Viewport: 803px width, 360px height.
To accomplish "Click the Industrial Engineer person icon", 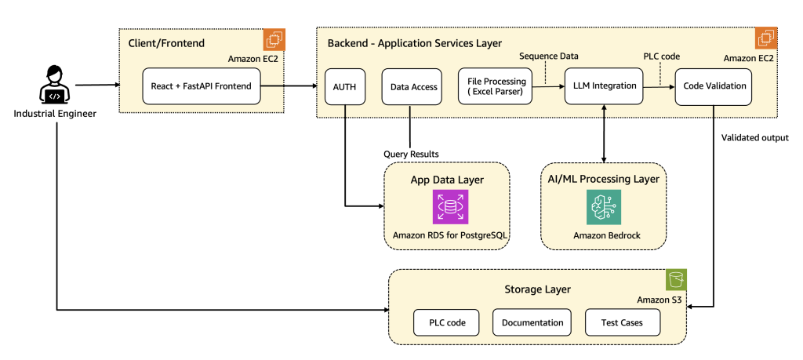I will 53,86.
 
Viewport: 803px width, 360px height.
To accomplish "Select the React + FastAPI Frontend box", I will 202,86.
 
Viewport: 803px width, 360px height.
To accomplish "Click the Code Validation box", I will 714,87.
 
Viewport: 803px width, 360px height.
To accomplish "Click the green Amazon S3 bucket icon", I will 676,280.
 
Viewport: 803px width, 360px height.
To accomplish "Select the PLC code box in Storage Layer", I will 445,322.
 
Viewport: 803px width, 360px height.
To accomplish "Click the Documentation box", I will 532,322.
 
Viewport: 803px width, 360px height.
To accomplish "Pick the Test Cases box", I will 623,322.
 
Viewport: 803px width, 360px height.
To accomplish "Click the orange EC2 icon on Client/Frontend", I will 274,39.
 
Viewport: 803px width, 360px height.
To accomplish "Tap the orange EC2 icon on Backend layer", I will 765,39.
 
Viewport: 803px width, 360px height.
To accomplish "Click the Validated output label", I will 755,138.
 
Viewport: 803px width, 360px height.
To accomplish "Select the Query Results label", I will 411,154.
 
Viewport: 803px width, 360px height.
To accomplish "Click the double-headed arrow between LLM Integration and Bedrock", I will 602,133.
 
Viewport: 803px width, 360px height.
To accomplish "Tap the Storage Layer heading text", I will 537,289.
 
